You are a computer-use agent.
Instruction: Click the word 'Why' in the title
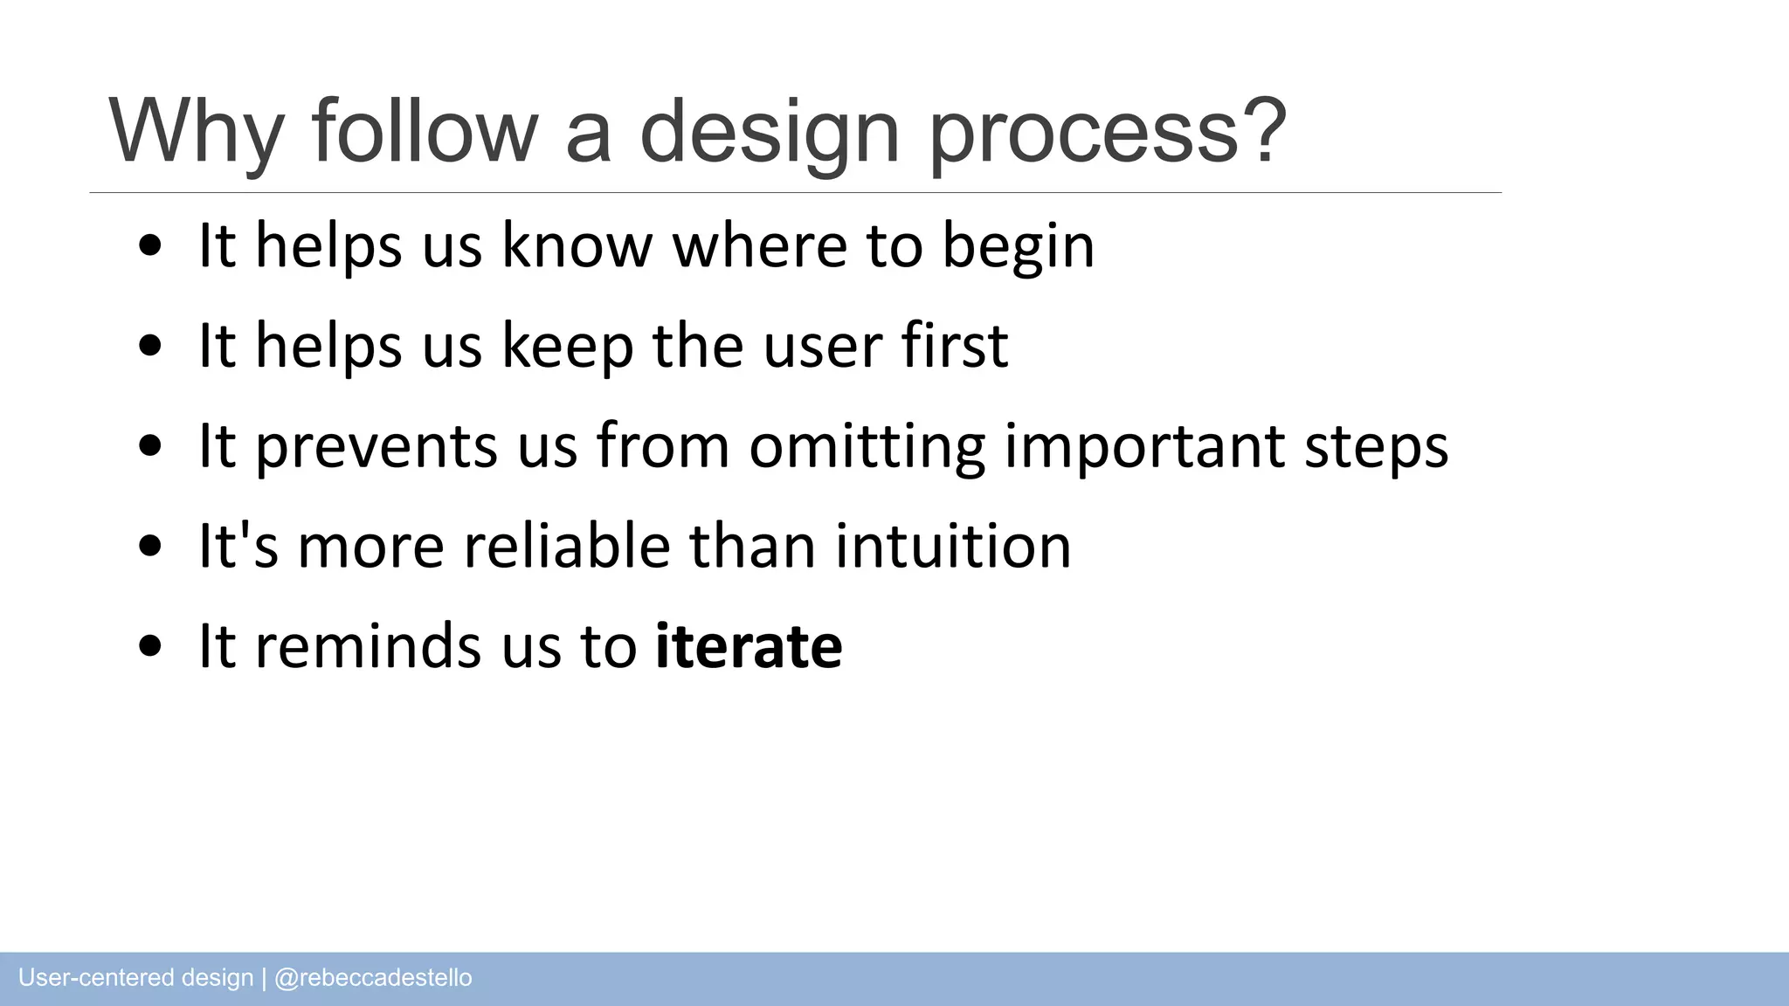[196, 131]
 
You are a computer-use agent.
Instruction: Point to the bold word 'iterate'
[749, 646]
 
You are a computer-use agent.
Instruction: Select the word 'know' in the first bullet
[577, 245]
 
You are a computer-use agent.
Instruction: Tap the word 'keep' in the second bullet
[568, 347]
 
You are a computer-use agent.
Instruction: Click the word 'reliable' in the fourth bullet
[567, 546]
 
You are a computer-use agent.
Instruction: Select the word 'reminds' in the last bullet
[368, 646]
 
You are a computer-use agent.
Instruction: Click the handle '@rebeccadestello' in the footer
[373, 978]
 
